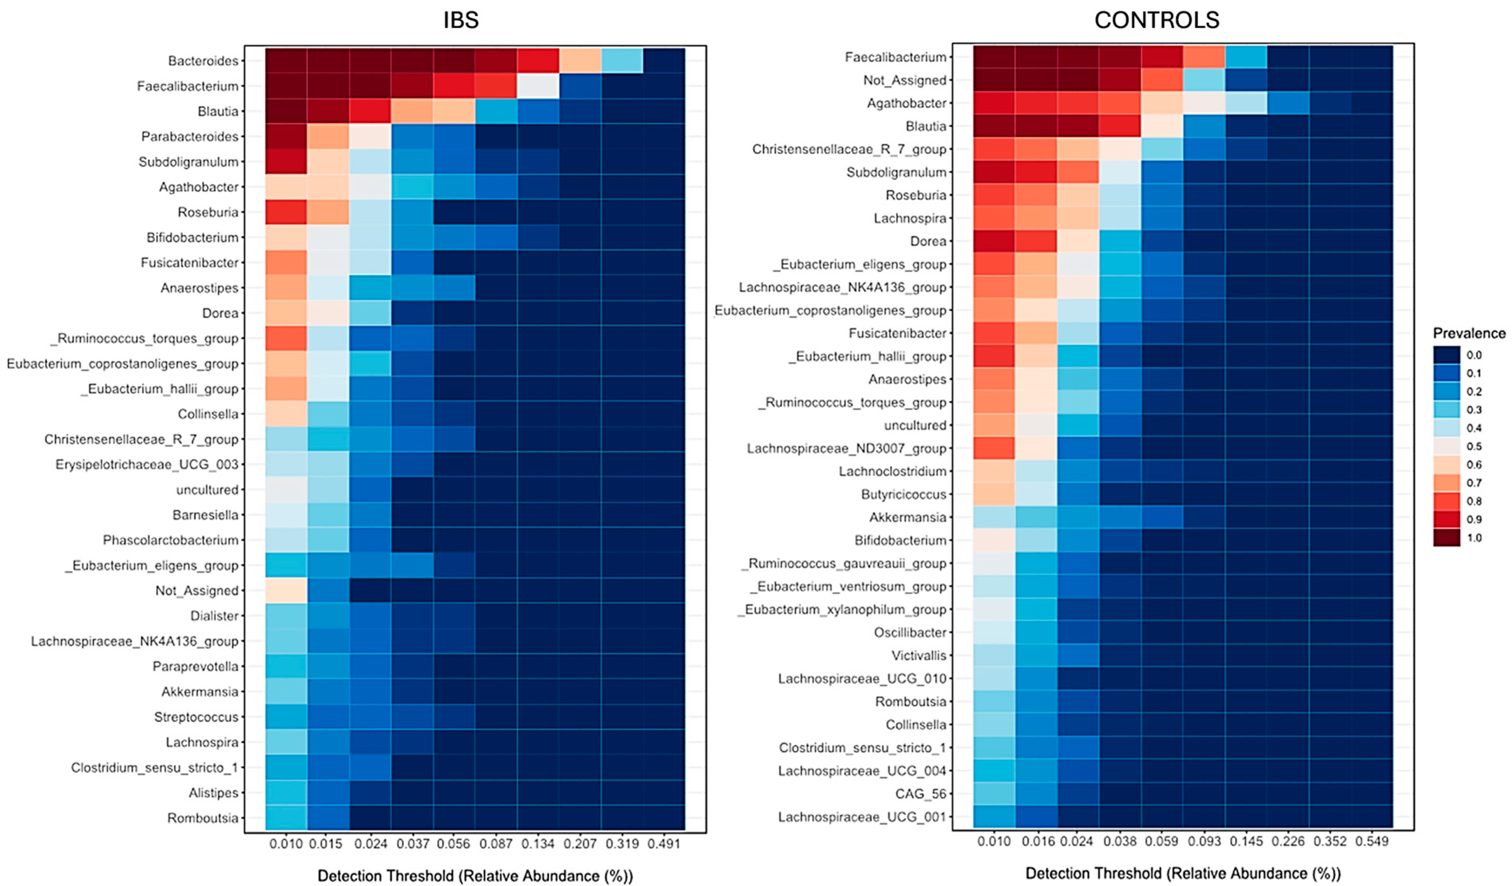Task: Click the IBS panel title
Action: pos(461,20)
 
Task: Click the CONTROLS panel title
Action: pos(1156,20)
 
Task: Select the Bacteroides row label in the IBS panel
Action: pos(203,61)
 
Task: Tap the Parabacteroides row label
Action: pos(190,136)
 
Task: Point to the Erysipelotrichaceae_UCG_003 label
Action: pos(146,464)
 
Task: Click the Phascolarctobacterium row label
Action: pos(171,540)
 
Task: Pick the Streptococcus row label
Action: pos(196,717)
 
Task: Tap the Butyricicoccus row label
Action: pos(904,494)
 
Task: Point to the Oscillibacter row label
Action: pos(910,632)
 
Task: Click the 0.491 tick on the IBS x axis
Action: pos(663,844)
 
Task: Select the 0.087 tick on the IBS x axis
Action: pos(496,844)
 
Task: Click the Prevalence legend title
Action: pos(1469,333)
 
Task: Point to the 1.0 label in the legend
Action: pos(1474,538)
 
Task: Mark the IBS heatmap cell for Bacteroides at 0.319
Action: pos(622,61)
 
